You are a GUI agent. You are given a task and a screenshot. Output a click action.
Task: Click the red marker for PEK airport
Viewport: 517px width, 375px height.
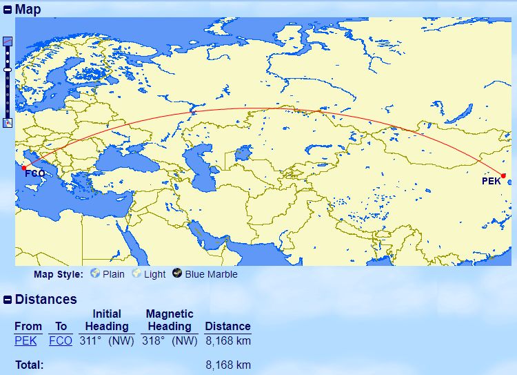(x=503, y=175)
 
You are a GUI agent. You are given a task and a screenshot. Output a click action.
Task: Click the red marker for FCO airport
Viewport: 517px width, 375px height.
(x=24, y=167)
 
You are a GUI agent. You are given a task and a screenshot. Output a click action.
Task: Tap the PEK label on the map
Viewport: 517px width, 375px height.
(x=491, y=182)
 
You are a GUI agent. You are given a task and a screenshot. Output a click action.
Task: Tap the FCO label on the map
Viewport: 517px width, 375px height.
(x=35, y=173)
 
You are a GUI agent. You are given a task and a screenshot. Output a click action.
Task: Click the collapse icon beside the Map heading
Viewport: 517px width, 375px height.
(x=8, y=10)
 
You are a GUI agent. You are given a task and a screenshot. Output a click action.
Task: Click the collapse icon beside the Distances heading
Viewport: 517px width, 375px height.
(x=8, y=300)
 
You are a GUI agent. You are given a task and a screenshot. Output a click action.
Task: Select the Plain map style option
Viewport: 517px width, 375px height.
(x=113, y=274)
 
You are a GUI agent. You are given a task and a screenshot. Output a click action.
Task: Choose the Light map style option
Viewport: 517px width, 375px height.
(x=154, y=274)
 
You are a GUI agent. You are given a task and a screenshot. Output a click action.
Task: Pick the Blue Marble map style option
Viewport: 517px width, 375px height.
(x=211, y=274)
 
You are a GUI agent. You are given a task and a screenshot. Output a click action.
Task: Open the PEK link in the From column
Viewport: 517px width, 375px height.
(x=26, y=341)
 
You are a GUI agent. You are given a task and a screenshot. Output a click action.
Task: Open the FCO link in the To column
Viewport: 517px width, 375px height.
(x=61, y=341)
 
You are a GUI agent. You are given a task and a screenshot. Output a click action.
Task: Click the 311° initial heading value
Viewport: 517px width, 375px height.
(x=89, y=341)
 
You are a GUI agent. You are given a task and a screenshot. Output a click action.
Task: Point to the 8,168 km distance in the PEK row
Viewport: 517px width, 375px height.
(x=227, y=341)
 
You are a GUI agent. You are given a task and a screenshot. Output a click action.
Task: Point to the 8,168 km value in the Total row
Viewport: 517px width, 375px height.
(x=227, y=365)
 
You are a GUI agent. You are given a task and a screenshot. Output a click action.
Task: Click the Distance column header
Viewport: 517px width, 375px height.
(x=227, y=326)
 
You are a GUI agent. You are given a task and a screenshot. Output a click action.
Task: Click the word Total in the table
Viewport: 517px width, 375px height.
(x=29, y=365)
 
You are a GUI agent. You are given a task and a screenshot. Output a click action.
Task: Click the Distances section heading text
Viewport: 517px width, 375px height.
(x=46, y=300)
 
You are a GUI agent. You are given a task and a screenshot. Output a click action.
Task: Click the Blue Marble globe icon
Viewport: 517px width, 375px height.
(x=178, y=273)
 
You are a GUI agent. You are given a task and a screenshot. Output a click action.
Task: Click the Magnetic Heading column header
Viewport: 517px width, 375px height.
(x=170, y=320)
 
